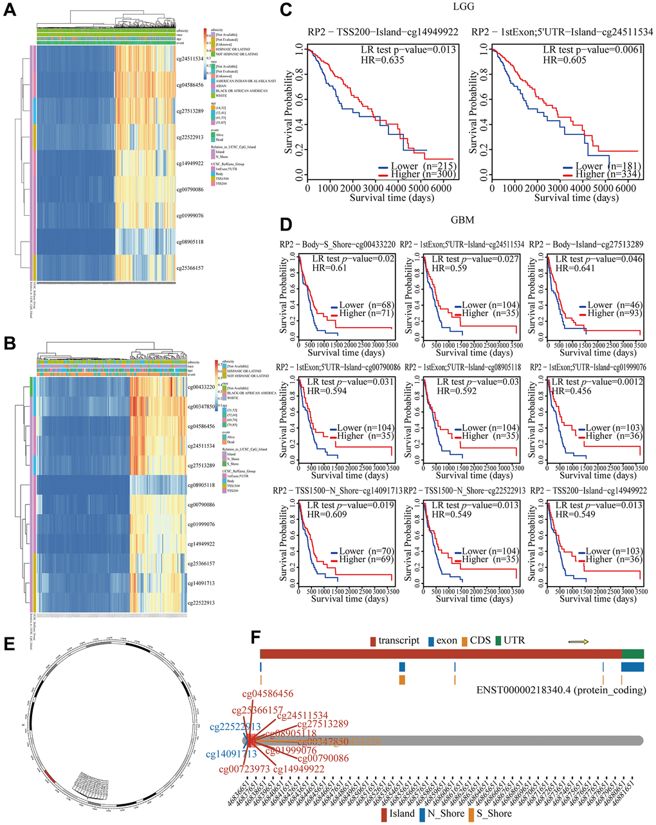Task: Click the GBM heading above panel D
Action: (x=462, y=220)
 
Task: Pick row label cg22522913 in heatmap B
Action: (x=201, y=602)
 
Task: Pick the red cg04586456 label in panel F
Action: (x=268, y=694)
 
